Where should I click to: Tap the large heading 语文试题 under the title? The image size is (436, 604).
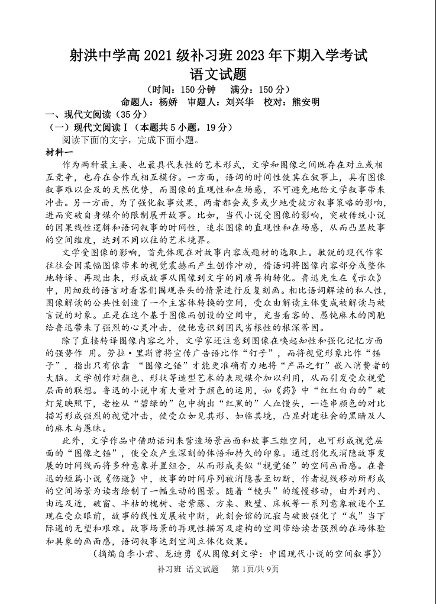[218, 75]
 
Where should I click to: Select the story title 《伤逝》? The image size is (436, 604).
[122, 477]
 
